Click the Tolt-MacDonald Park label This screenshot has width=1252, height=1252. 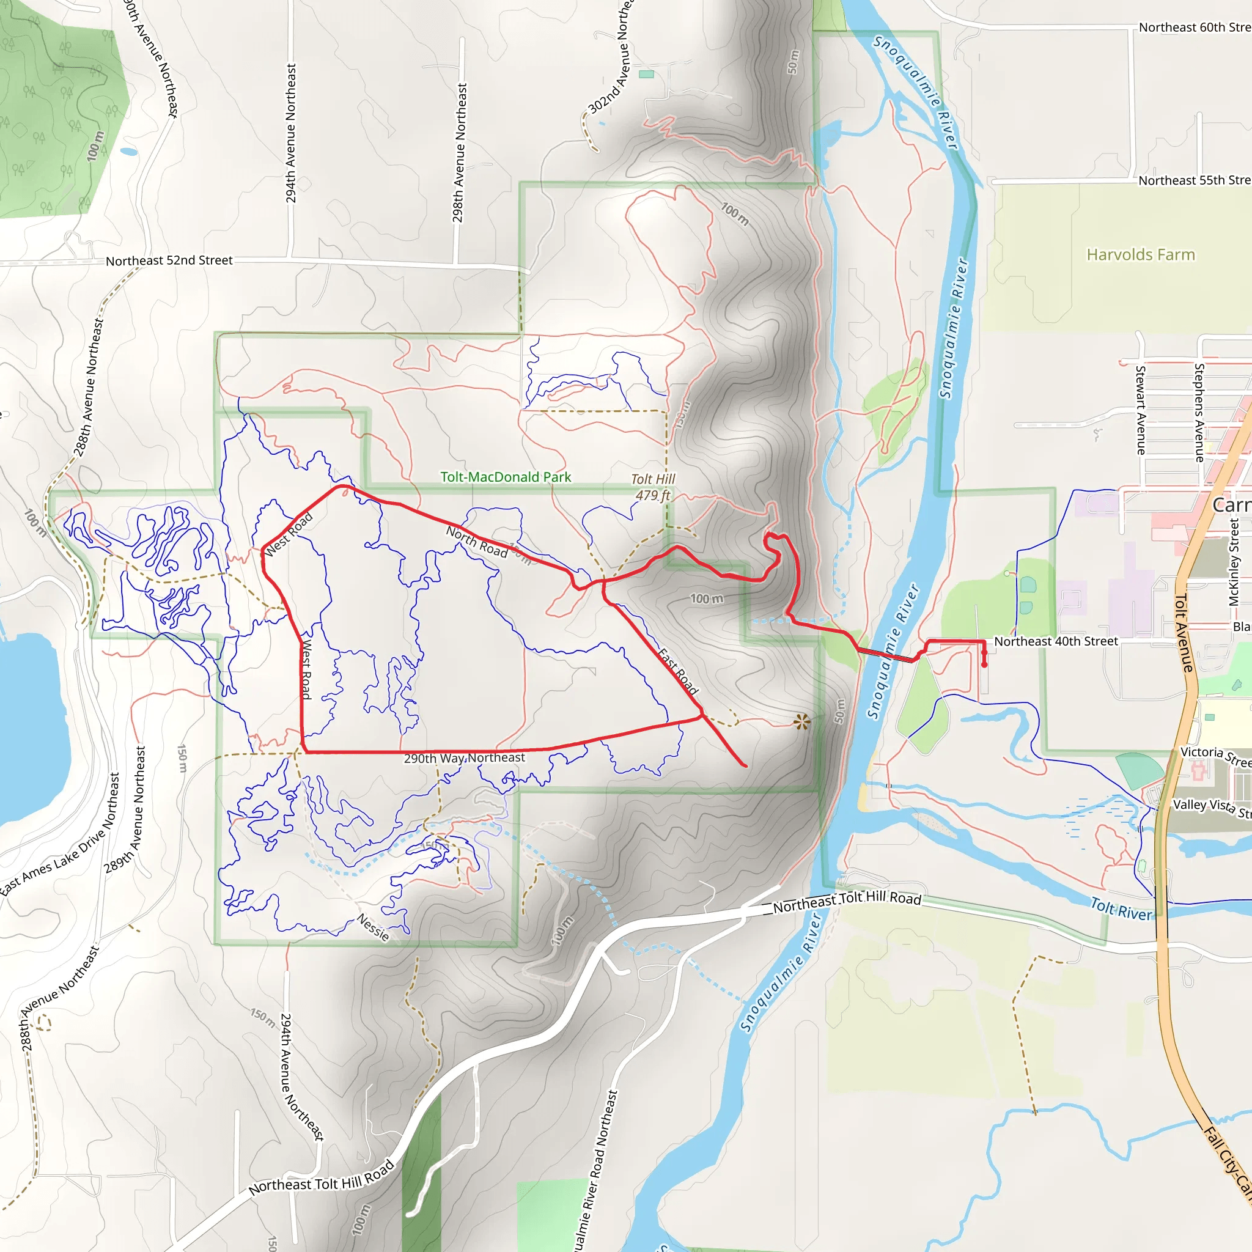pos(506,477)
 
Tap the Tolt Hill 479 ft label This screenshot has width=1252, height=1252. pos(654,487)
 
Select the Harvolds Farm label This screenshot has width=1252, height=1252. pos(1141,255)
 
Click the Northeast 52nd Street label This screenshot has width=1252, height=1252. pos(169,260)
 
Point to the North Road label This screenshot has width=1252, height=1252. pos(476,542)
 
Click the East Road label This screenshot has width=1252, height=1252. pos(678,671)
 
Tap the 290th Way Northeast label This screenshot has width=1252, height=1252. pos(464,757)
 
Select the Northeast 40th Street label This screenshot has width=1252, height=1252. pos(1056,641)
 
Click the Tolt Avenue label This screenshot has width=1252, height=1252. pos(1184,633)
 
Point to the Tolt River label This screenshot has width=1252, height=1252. pos(1121,908)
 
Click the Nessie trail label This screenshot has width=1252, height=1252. pos(374,927)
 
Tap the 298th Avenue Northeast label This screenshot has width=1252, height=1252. pos(460,152)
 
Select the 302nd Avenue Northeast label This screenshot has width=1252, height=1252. pos(609,58)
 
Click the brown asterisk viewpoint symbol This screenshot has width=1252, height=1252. pos(801,721)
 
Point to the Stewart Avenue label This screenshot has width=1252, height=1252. pos(1141,410)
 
